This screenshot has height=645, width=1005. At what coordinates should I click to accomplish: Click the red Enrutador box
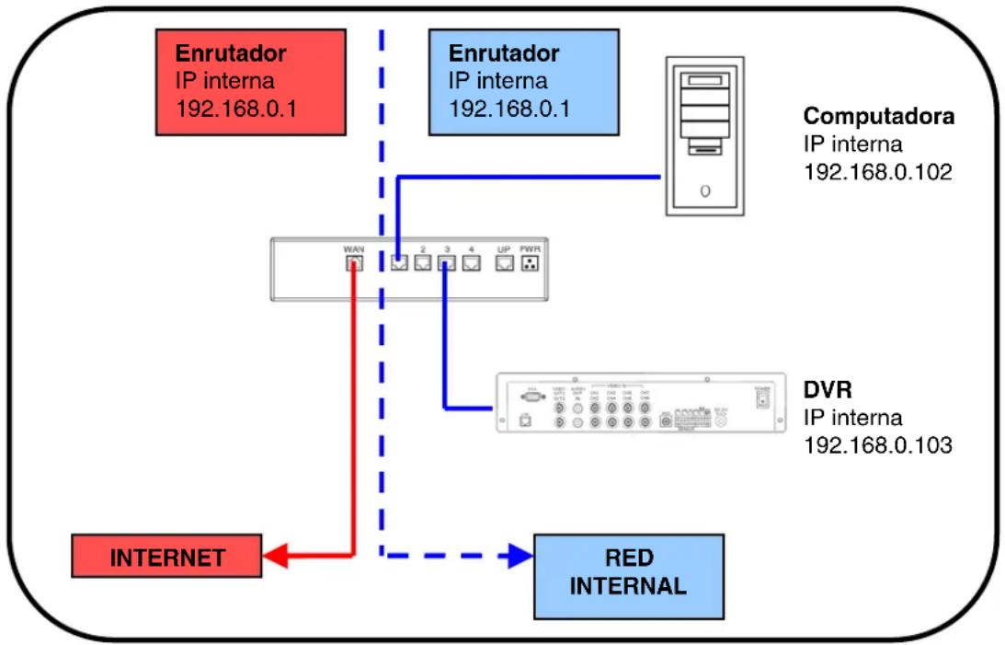[250, 81]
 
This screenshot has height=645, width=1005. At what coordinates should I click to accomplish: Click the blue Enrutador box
[523, 81]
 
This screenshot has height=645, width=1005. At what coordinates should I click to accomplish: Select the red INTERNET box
[166, 558]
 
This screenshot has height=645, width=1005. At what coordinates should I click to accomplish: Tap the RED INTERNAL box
[628, 575]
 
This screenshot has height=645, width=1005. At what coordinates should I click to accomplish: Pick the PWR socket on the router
[529, 264]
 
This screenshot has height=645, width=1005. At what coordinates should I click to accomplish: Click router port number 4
[471, 264]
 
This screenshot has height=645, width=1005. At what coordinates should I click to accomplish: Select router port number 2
[423, 264]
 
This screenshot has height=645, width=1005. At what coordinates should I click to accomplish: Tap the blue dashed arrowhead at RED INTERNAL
[521, 556]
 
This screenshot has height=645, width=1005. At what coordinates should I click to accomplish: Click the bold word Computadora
[878, 118]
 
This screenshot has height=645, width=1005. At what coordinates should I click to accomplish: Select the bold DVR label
[824, 390]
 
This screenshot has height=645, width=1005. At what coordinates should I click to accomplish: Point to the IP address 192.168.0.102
[877, 171]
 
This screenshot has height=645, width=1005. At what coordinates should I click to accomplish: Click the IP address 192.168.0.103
[877, 445]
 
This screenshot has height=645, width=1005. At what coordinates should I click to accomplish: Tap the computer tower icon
[705, 136]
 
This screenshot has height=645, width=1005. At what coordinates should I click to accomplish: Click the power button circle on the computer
[705, 191]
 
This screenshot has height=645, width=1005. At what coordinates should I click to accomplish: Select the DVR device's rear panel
[641, 402]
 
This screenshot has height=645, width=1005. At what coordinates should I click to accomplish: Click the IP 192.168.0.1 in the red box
[236, 109]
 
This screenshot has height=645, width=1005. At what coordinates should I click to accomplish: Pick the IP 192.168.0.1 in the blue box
[509, 109]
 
